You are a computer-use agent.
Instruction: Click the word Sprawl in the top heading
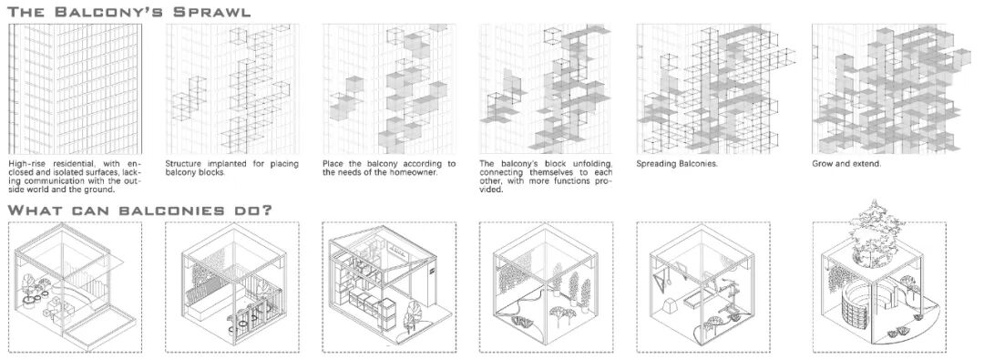(x=212, y=12)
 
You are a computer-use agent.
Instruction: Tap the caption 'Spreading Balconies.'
(x=677, y=164)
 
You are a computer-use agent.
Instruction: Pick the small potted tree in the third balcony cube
(x=413, y=314)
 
